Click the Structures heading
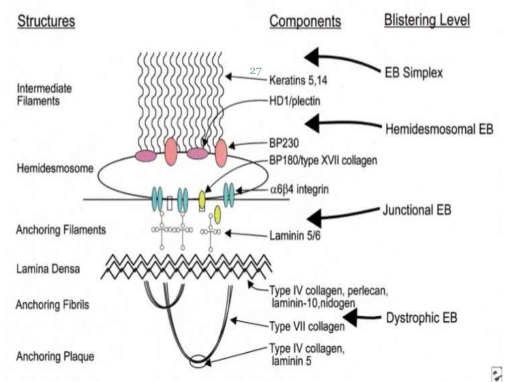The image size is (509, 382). [x=46, y=22]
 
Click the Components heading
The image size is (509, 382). [x=305, y=21]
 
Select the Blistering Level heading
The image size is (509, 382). [x=426, y=20]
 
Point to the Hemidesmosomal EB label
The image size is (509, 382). [x=439, y=129]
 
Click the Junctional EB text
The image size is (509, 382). [x=417, y=209]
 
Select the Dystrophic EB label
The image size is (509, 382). [x=422, y=317]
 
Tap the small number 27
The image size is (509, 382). [x=255, y=71]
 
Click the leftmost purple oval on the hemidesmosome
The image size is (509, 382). [x=146, y=155]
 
